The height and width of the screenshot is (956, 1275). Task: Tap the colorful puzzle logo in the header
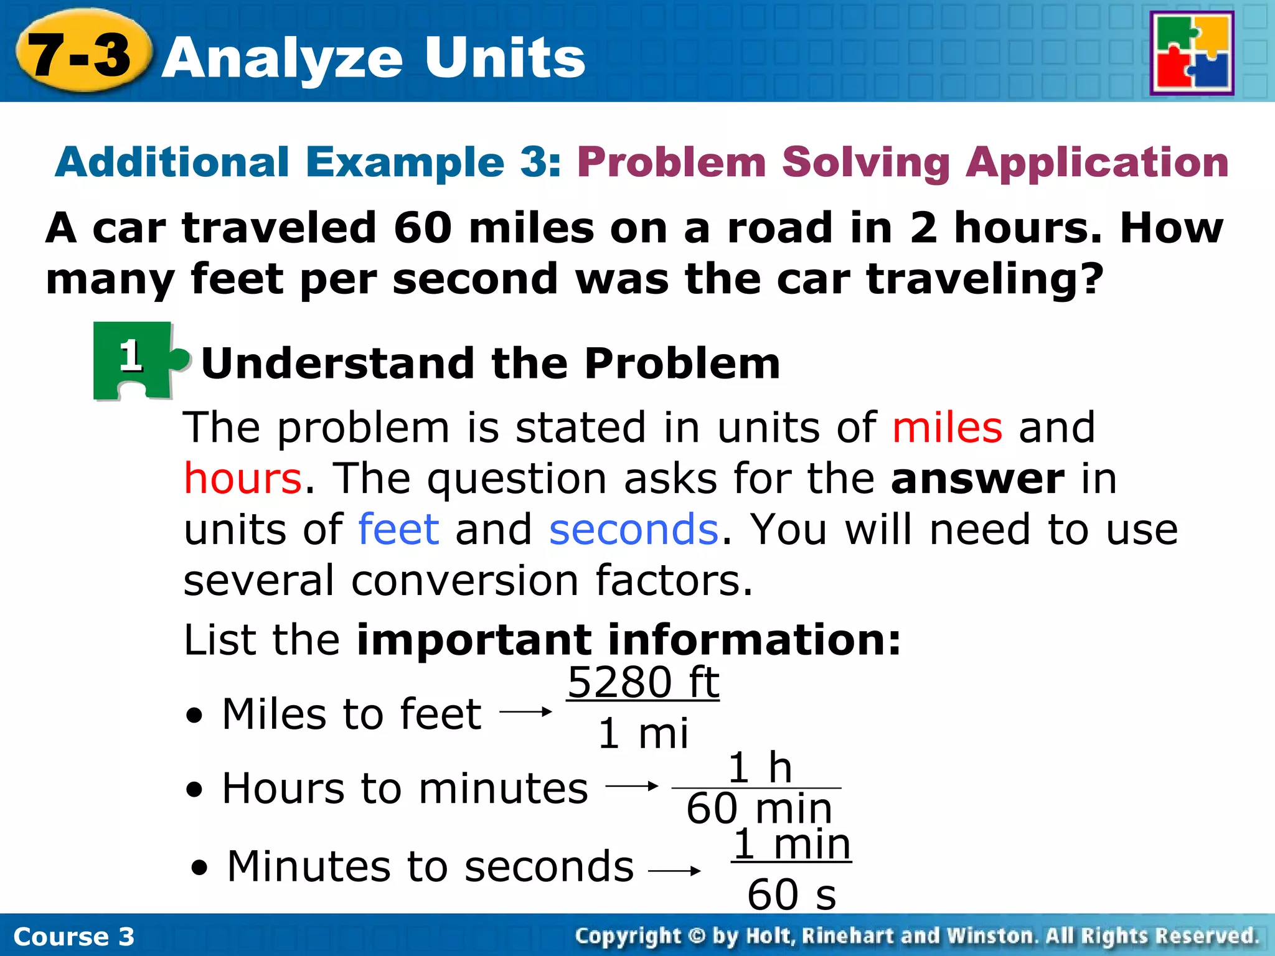[x=1192, y=54]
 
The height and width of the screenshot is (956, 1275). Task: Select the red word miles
[x=947, y=428]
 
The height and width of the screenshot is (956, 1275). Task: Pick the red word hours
[x=243, y=479]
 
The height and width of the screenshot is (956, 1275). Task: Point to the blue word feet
[x=399, y=530]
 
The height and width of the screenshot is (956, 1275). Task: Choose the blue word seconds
[x=634, y=530]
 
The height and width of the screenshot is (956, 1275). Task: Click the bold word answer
[x=977, y=479]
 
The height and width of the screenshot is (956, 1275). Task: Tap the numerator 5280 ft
[x=643, y=683]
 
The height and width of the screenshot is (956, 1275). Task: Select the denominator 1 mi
[x=643, y=734]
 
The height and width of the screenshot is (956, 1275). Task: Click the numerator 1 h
[x=760, y=768]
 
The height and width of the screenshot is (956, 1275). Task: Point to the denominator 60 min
[x=760, y=809]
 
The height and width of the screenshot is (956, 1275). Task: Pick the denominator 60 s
[x=791, y=895]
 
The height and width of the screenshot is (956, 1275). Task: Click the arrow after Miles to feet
[x=526, y=711]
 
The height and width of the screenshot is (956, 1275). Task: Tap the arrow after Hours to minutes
[x=632, y=786]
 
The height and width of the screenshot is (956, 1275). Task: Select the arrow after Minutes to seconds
[x=675, y=871]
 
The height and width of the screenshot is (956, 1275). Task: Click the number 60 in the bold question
[x=423, y=228]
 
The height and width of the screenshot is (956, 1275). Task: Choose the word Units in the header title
[x=505, y=58]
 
